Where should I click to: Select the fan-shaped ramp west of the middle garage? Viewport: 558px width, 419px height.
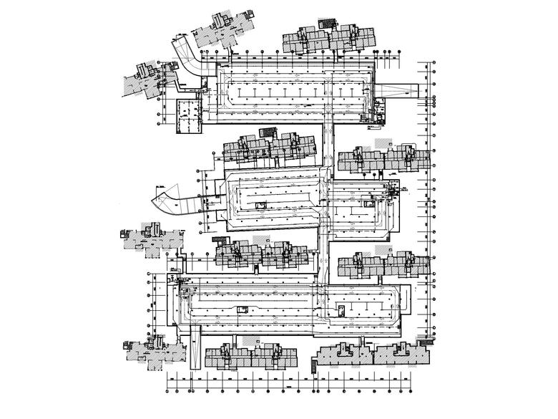click(170, 198)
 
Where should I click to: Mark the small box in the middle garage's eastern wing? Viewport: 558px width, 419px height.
click(370, 203)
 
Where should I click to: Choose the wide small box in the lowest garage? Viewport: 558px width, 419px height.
click(242, 309)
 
